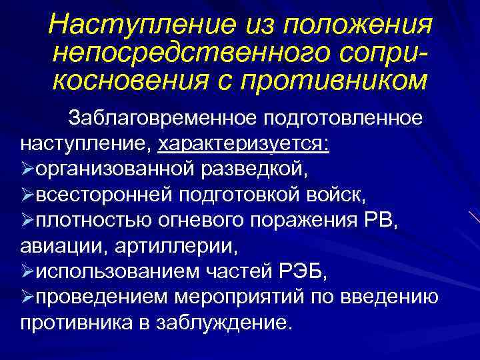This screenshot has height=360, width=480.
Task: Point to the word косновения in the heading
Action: (x=125, y=80)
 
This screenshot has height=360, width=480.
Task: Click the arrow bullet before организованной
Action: (x=27, y=170)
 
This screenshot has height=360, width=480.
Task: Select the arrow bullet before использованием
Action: (x=27, y=273)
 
